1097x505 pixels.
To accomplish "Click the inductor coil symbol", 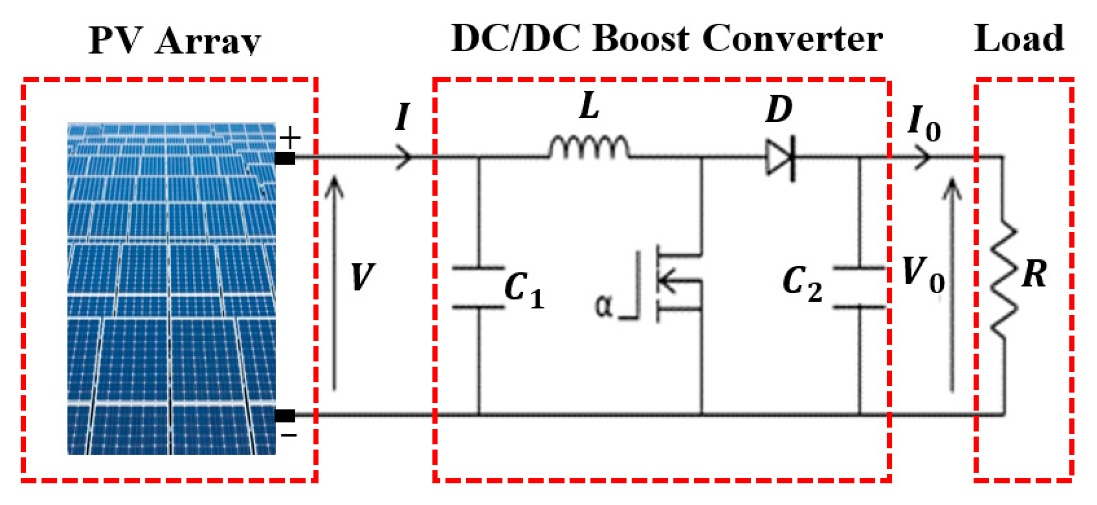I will tap(589, 148).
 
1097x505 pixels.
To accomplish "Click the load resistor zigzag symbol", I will tap(1004, 279).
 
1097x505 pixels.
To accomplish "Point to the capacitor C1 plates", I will tap(479, 287).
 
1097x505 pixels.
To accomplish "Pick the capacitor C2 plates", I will tap(860, 287).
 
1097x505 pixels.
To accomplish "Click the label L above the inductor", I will tap(589, 106).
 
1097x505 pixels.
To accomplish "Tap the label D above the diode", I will tap(779, 109).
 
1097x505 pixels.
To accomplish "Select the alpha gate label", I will tap(603, 306).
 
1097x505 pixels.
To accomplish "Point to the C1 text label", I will tap(524, 290).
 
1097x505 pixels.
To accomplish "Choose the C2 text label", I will tap(802, 283).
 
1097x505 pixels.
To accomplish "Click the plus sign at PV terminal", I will tap(290, 138).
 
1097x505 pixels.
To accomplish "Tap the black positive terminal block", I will tap(285, 159).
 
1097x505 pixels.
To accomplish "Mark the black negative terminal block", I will tap(285, 415).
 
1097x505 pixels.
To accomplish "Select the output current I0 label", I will tap(924, 124).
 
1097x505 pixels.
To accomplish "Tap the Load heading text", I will tap(1018, 39).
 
